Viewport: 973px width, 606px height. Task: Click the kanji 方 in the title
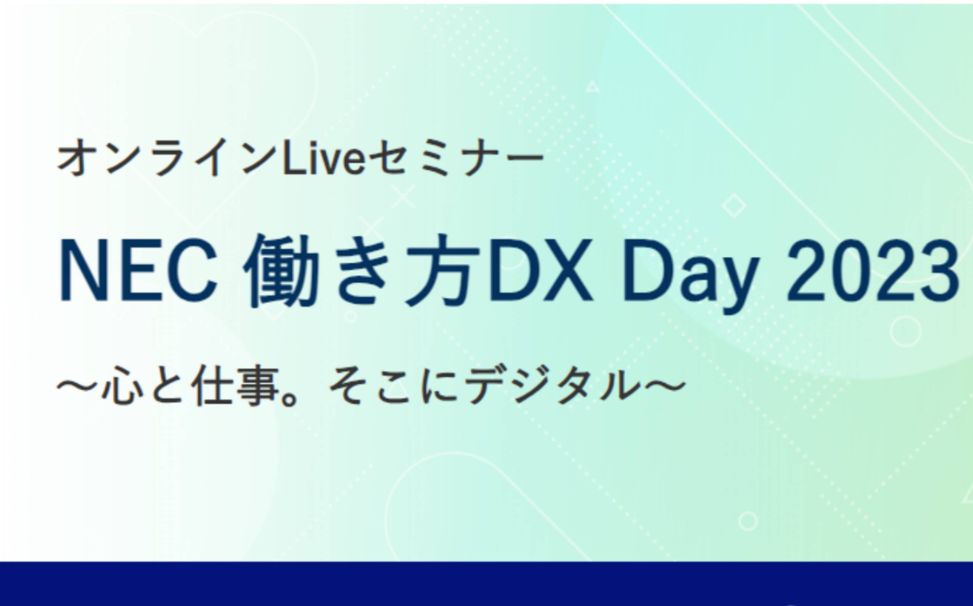442,271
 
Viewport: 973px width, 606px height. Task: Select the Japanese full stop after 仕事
290,398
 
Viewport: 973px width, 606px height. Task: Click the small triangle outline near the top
592,86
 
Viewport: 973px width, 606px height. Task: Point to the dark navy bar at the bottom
487,584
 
